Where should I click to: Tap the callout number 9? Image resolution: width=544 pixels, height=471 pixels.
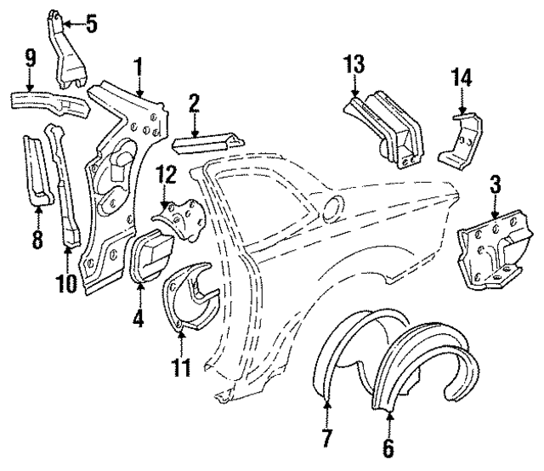[30, 59]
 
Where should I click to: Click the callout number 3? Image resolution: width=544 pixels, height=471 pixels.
[495, 183]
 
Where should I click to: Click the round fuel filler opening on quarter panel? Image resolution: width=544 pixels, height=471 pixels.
[334, 205]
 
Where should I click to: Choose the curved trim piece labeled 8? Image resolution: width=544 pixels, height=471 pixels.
[39, 170]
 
